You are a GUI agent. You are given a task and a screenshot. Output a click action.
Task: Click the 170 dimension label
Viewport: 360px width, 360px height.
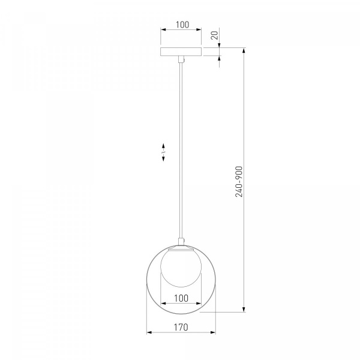181,327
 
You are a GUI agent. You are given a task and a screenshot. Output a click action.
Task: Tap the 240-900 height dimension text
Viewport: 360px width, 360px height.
239,182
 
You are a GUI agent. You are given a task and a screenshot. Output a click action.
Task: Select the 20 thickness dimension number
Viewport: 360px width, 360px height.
214,35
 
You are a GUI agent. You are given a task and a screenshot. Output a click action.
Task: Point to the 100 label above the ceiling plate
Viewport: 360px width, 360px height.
182,25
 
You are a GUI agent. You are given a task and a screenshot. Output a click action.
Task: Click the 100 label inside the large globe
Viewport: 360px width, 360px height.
181,298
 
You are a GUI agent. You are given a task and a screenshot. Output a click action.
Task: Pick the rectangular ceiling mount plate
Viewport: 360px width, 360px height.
181,52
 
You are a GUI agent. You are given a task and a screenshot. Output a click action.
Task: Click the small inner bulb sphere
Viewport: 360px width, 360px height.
181,267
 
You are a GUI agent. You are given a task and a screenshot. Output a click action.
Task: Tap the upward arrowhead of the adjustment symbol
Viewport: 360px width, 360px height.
163,146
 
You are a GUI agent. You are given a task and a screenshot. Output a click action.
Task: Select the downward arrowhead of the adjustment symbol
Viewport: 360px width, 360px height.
163,158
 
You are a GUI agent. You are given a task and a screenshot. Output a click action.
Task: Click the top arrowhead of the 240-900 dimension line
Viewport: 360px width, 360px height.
244,51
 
